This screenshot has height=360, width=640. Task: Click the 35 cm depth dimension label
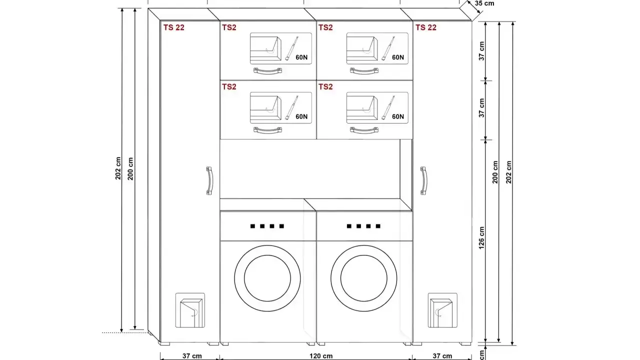coord(484,3)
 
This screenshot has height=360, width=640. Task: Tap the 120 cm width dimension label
coord(321,356)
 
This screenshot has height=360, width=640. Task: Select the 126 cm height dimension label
coord(481,237)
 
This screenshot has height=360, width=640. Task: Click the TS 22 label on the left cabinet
coord(173,27)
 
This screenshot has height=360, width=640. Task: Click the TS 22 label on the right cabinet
coord(425,27)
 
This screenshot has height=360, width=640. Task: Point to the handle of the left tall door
coord(209,180)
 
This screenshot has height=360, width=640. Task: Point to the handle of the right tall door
coord(423,180)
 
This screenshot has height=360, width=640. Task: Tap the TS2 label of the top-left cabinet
coord(229,27)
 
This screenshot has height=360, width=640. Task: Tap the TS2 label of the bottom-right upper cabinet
coord(325,86)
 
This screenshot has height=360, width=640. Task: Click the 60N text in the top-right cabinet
coord(397,57)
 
